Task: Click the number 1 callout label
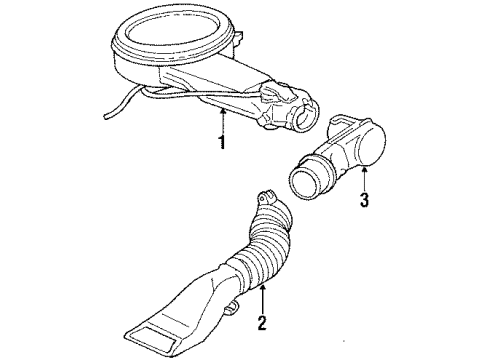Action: pyautogui.click(x=222, y=142)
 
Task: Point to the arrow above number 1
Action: pyautogui.click(x=222, y=118)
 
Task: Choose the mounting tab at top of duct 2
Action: pyautogui.click(x=265, y=196)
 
